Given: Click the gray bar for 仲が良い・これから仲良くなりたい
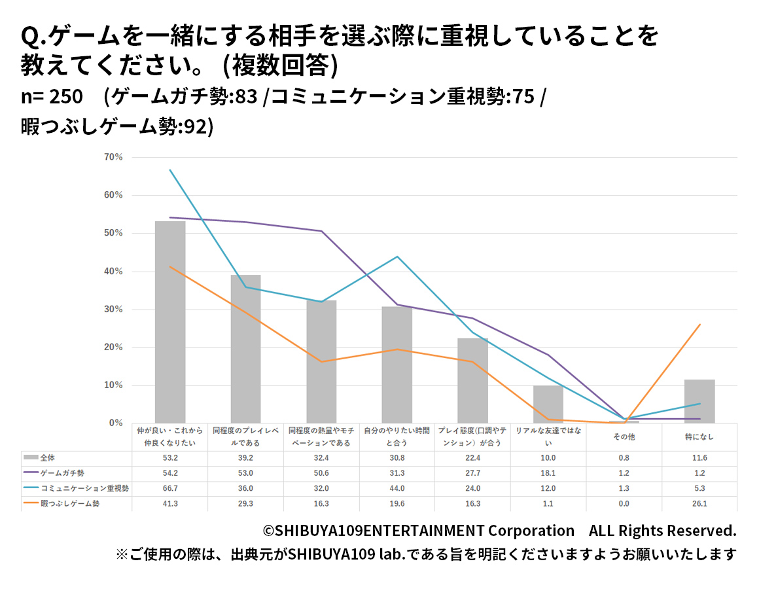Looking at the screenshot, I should click(x=170, y=322).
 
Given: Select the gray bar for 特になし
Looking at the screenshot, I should click(x=699, y=401).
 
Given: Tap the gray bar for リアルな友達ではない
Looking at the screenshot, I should click(x=548, y=404).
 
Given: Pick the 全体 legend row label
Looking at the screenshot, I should click(x=48, y=457).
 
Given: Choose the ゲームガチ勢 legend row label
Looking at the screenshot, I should click(x=62, y=473).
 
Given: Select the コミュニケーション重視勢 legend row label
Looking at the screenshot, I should click(x=84, y=488).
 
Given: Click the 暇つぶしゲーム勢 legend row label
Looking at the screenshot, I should click(x=70, y=503).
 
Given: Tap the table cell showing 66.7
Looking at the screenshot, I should click(x=170, y=488).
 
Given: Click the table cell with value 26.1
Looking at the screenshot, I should click(x=699, y=503).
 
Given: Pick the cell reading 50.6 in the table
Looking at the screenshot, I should click(x=321, y=473).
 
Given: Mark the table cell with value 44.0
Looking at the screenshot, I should click(x=397, y=488).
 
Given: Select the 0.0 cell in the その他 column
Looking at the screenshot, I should click(x=624, y=503).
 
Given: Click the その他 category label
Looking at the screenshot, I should click(x=624, y=437).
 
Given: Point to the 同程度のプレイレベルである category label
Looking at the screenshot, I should click(x=245, y=437).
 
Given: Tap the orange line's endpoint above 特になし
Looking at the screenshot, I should click(x=699, y=325).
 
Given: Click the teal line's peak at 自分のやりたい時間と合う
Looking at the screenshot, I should click(x=397, y=257).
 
